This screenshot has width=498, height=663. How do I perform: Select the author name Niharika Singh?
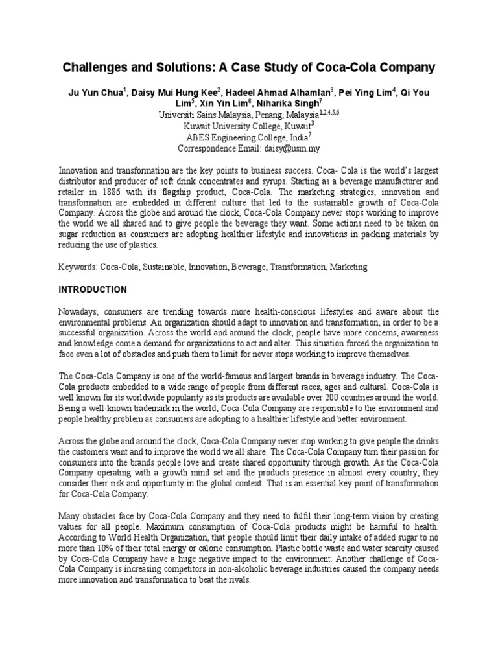(x=289, y=104)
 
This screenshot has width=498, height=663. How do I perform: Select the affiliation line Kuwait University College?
(x=237, y=126)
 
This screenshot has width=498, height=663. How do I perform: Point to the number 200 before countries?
(x=368, y=397)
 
